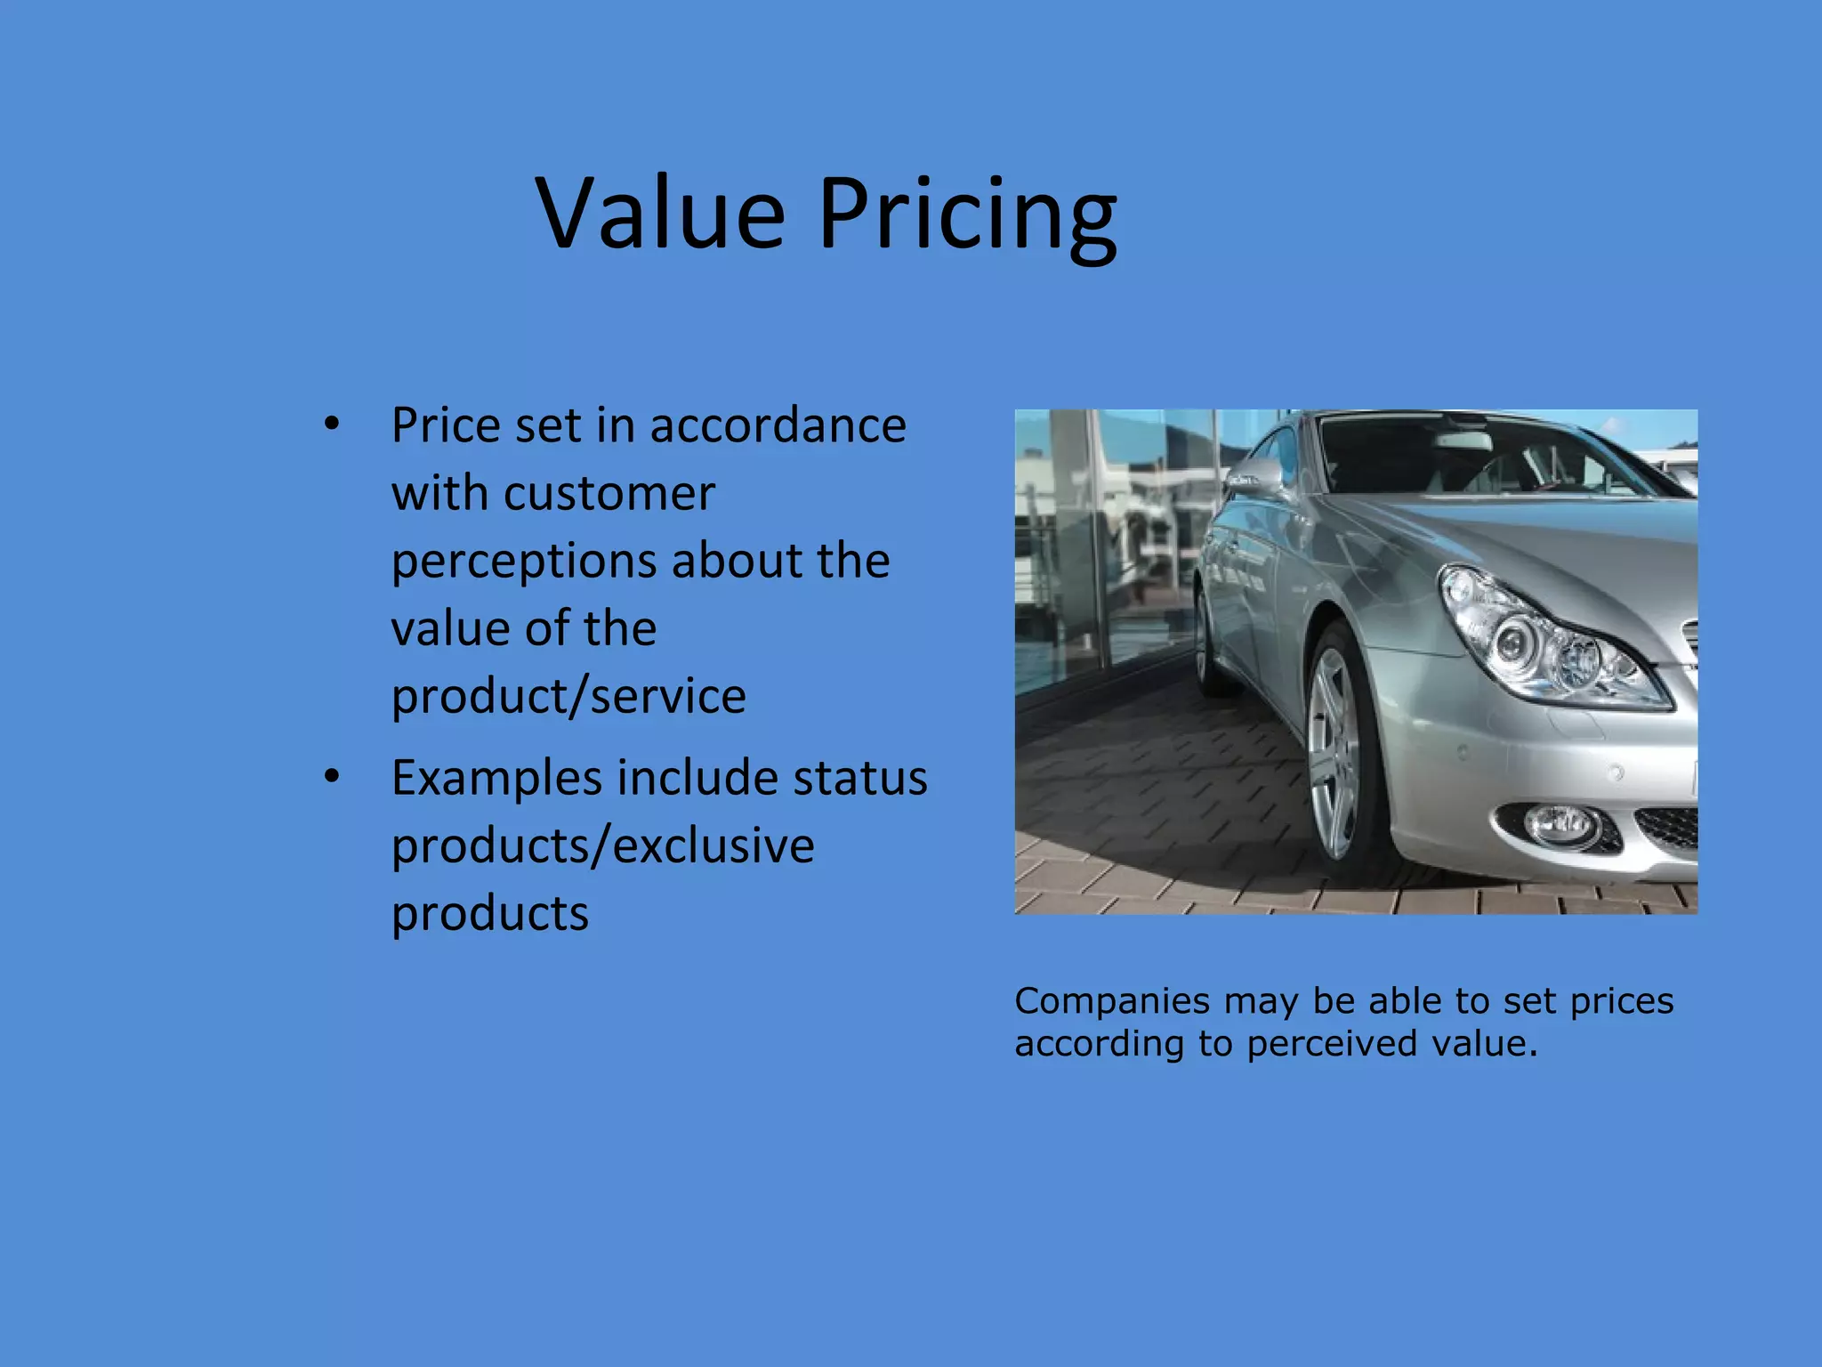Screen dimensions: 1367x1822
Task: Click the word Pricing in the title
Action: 967,218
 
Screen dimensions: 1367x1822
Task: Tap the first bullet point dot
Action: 332,424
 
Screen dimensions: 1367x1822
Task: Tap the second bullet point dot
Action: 332,777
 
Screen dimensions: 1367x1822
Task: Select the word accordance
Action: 778,425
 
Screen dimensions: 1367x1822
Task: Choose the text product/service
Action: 568,696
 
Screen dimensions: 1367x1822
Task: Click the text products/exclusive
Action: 602,845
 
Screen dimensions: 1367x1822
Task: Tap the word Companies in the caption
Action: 1111,1001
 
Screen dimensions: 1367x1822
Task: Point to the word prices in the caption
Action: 1622,1001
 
